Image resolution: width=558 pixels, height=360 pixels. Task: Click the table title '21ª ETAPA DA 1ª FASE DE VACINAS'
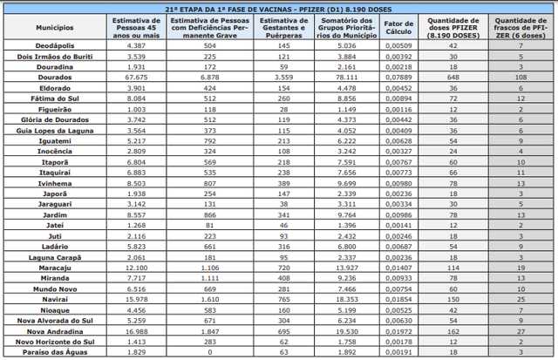point(278,7)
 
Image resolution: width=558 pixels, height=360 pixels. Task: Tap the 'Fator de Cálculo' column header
point(399,25)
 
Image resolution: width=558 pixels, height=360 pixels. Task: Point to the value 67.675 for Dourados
point(135,76)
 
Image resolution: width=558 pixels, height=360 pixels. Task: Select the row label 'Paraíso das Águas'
point(44,353)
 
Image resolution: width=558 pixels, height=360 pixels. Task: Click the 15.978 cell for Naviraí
point(135,299)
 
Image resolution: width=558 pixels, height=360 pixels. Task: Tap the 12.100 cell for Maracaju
point(135,268)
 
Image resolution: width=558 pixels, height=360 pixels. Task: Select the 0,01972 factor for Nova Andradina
point(399,331)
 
